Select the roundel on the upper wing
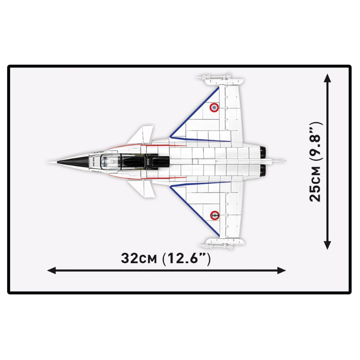coord(214,108)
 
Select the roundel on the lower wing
coord(215,216)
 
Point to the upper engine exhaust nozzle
coord(263,152)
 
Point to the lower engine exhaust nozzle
coord(263,171)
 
